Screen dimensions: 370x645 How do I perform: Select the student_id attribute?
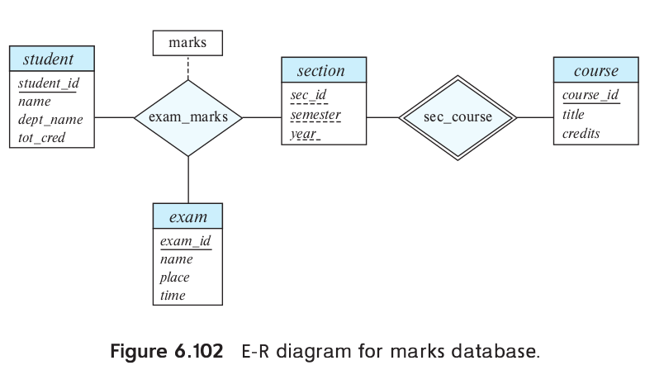[48, 83]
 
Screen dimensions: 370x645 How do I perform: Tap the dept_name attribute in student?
[50, 120]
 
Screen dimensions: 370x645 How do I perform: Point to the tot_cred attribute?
[41, 138]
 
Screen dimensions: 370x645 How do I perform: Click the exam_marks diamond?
[188, 117]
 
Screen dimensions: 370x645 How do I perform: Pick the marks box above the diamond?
[187, 43]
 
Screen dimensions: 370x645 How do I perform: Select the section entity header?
[321, 71]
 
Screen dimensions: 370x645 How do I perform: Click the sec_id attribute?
[308, 96]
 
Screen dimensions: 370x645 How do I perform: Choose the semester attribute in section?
[315, 114]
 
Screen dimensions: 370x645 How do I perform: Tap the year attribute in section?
[304, 132]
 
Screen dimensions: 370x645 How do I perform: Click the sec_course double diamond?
[458, 117]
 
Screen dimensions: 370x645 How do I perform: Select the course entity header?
[595, 71]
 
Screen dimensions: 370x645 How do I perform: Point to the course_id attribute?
[590, 96]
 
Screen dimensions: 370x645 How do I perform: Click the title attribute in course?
[573, 115]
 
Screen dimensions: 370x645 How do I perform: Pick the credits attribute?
[581, 133]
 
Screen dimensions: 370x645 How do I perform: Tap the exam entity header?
[187, 217]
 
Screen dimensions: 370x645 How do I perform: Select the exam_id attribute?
[185, 241]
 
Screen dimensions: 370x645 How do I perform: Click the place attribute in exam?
[174, 277]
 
